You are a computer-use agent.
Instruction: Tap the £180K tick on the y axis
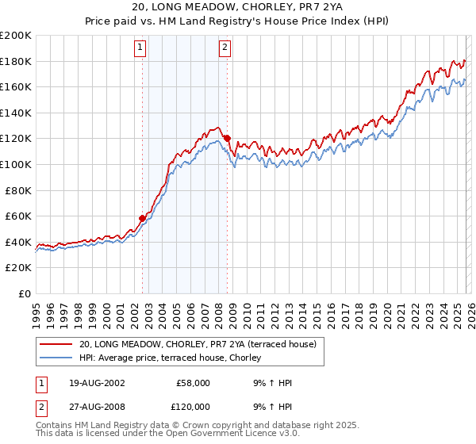tap(16, 61)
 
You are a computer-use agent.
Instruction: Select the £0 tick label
tap(25, 293)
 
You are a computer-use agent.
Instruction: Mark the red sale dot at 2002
tap(143, 218)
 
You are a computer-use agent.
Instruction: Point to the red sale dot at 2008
tap(227, 138)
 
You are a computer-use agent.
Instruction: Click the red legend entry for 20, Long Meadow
tap(198, 344)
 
